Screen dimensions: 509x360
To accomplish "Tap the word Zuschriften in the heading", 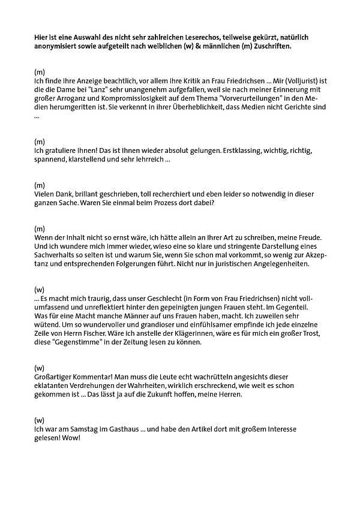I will [268, 46].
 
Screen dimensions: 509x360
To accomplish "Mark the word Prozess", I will [165, 203].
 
